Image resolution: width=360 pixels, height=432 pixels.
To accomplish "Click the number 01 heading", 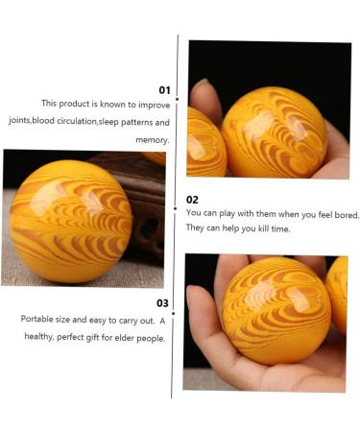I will coord(164,90).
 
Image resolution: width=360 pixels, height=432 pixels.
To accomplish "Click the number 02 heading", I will coord(192,200).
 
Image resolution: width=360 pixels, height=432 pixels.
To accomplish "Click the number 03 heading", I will coord(163,302).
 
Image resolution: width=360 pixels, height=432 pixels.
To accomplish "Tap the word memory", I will coord(151,140).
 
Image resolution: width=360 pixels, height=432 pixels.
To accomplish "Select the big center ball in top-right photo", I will coord(274,132).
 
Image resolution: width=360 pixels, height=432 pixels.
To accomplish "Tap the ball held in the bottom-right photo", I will coord(276,309).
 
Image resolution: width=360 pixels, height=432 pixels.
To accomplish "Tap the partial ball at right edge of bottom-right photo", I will coord(338,293).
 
